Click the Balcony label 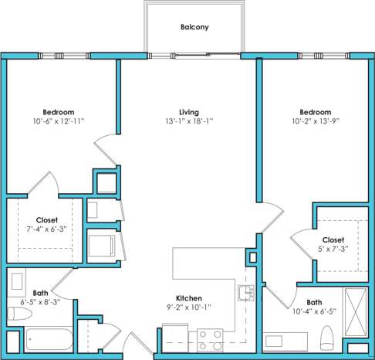(194, 27)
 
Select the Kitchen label (189, 298)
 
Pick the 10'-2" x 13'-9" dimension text (316, 121)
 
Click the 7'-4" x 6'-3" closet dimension (47, 229)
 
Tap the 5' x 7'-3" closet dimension (333, 250)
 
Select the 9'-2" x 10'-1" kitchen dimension (189, 307)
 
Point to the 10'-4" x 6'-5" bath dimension (314, 312)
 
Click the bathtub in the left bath (49, 341)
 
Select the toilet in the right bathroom (326, 335)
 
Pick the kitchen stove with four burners (211, 339)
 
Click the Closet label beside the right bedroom (333, 240)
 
